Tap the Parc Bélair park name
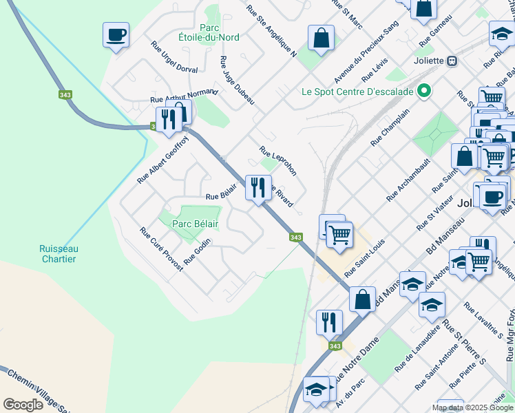point(195,224)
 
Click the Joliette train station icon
point(452,61)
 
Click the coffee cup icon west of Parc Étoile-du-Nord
point(116,34)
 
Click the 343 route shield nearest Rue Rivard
point(295,237)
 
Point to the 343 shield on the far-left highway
point(65,95)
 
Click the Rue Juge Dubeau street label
point(238,81)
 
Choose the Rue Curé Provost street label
point(157,245)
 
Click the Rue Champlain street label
point(390,127)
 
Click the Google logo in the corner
point(23,405)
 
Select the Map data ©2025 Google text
point(472,407)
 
